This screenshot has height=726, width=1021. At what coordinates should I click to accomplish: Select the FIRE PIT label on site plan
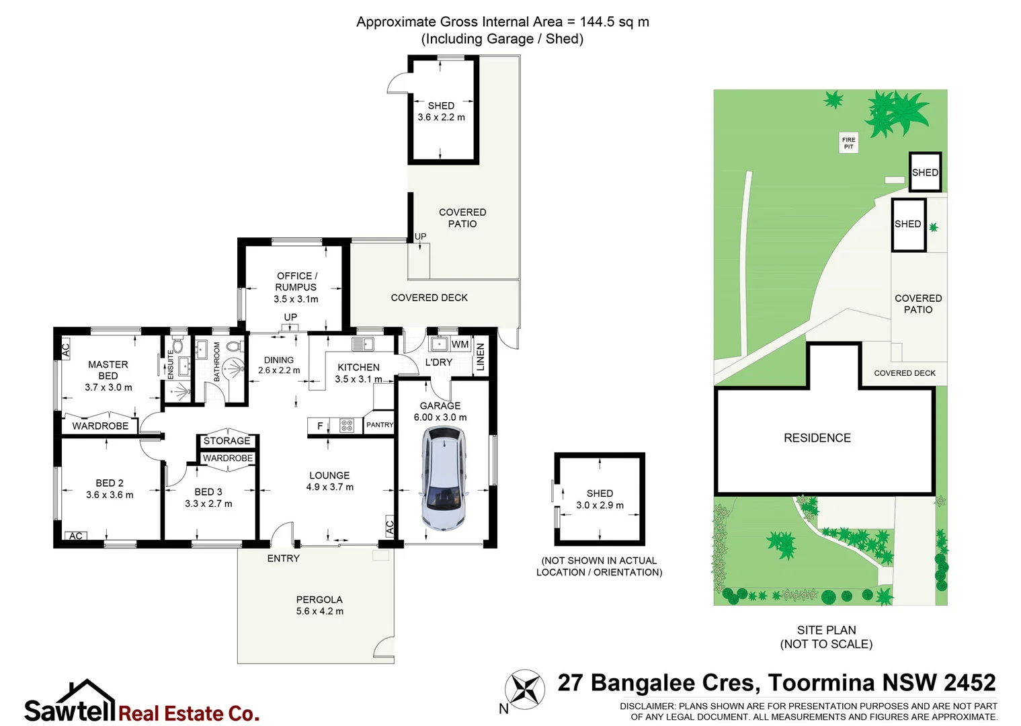pos(848,143)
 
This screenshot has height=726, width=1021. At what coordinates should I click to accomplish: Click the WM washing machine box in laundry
pos(460,344)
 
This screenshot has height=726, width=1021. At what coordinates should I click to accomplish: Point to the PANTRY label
pos(380,425)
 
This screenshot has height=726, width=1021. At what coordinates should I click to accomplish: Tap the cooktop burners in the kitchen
pos(347,425)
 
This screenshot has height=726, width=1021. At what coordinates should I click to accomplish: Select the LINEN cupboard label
pos(480,357)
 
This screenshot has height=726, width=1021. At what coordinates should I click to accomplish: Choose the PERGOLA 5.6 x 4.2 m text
pos(319,605)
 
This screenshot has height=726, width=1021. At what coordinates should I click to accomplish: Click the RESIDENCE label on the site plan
pos(817,438)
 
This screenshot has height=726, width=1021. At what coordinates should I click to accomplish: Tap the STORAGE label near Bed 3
pos(227,441)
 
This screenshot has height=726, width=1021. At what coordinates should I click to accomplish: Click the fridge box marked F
pos(319,425)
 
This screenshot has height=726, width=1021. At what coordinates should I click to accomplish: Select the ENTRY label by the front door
pos(283,558)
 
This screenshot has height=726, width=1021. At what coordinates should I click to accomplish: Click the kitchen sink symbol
pos(363,344)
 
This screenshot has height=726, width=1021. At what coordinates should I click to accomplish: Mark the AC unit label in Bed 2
pos(76,536)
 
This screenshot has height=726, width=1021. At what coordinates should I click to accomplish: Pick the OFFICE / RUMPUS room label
pos(296,287)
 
